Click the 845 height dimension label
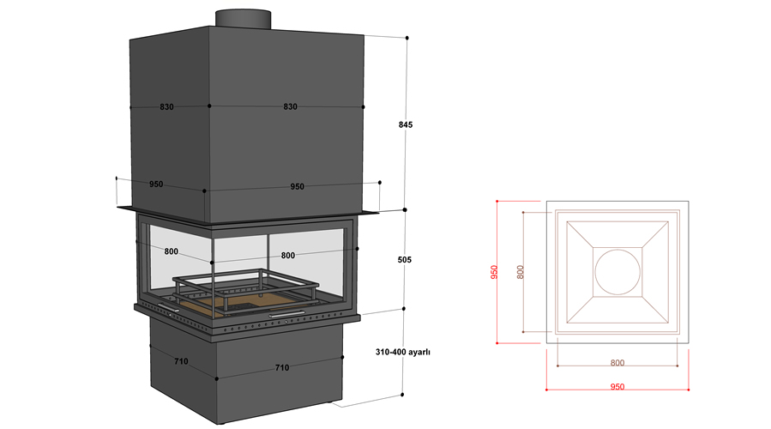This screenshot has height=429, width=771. [x=406, y=124]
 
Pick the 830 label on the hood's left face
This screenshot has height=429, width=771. [x=166, y=107]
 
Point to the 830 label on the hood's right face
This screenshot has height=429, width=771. [x=290, y=107]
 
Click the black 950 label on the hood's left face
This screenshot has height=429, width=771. [x=156, y=184]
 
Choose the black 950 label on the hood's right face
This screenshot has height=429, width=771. [x=297, y=186]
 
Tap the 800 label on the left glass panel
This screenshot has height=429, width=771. [x=171, y=251]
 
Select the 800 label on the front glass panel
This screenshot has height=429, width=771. [x=288, y=255]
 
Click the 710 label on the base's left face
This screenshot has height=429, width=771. [x=181, y=361]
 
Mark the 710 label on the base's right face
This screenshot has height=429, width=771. [x=281, y=367]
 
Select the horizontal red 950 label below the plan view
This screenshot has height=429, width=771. [x=617, y=387]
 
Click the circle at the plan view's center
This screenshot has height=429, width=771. [x=617, y=272]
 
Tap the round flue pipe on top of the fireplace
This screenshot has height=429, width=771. [x=243, y=17]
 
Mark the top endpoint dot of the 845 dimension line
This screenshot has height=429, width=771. [x=406, y=38]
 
